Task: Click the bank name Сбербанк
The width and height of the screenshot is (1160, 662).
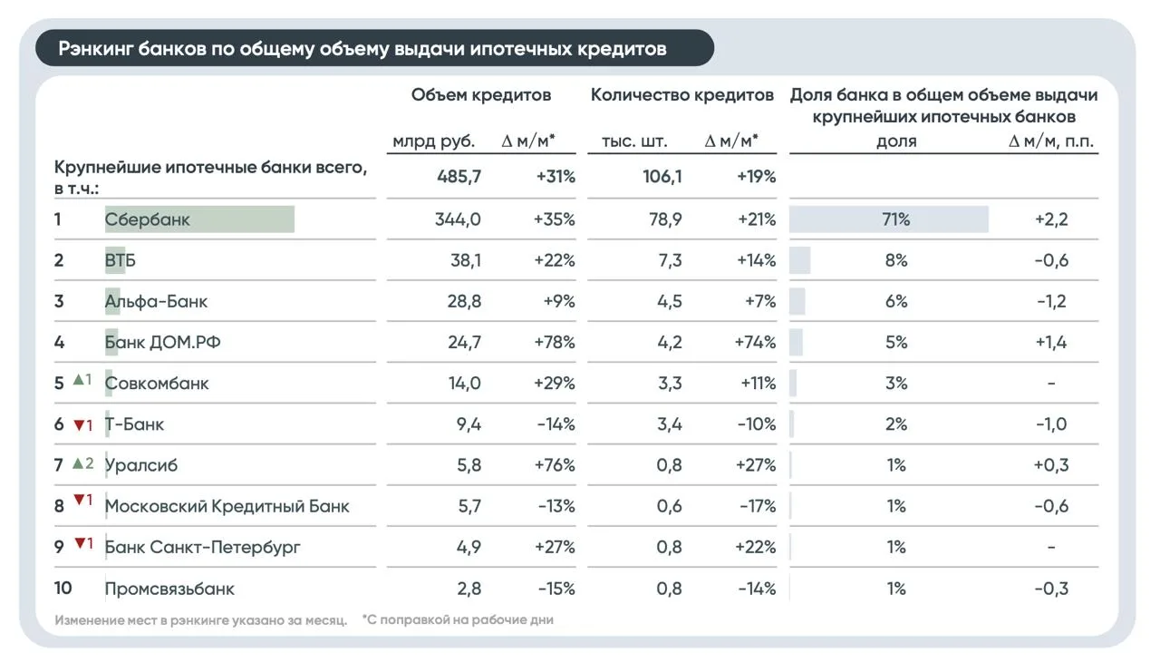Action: (147, 219)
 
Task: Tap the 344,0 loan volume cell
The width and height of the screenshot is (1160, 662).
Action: (458, 219)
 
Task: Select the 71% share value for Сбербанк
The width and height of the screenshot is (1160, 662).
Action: (896, 219)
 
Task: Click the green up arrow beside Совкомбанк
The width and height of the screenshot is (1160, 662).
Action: (78, 380)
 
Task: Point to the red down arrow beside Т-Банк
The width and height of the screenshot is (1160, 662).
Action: (79, 425)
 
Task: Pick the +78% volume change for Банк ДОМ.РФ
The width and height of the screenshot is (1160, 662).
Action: (555, 343)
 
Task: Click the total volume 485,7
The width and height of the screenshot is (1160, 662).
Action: (459, 177)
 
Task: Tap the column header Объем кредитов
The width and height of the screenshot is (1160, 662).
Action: (481, 95)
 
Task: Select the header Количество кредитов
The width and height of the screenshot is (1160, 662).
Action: (682, 95)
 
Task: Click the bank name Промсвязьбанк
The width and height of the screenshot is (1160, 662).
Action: (169, 589)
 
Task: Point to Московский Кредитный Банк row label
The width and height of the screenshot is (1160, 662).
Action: (227, 506)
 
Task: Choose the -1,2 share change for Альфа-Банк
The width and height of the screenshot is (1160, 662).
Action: (1051, 301)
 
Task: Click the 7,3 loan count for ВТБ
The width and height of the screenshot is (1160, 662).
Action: (670, 260)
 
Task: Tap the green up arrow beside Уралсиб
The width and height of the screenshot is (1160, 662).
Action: (78, 463)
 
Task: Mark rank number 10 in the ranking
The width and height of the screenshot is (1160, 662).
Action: (63, 589)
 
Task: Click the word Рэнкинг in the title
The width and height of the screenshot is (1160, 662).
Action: (94, 49)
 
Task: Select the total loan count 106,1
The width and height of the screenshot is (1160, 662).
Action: (662, 177)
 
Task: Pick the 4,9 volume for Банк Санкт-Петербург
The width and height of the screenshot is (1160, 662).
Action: (469, 548)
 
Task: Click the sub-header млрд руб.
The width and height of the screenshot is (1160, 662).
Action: (433, 141)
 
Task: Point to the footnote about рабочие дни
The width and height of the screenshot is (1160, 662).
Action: (458, 619)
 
